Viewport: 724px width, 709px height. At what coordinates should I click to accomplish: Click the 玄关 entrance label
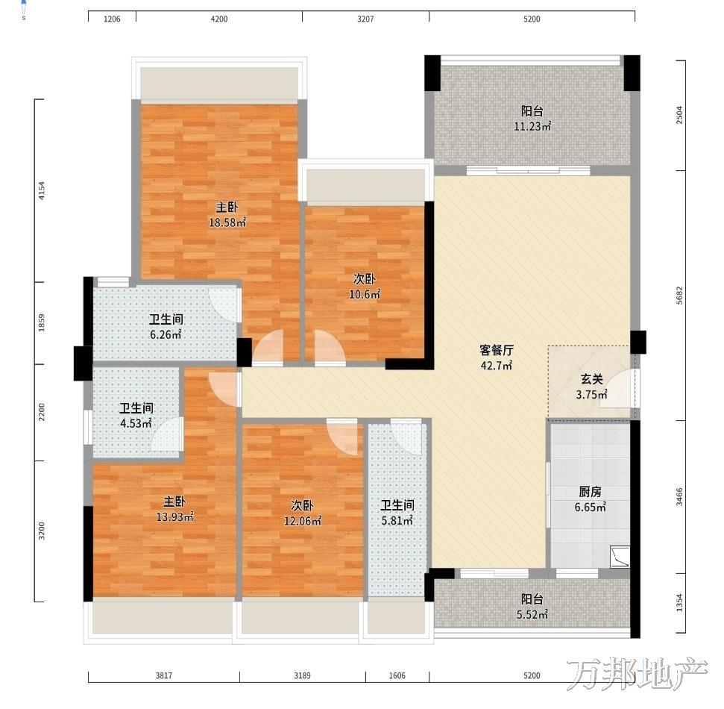tap(591, 379)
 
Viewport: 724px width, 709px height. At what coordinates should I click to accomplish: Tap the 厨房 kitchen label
tap(590, 493)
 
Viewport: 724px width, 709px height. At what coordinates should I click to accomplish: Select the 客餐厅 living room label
tap(497, 350)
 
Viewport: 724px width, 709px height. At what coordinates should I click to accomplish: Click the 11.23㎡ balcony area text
tap(532, 126)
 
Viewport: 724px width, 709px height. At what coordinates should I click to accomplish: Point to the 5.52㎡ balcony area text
tap(532, 615)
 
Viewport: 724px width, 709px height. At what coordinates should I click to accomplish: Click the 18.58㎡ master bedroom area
tap(227, 223)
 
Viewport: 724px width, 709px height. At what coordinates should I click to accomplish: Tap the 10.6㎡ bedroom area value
tap(365, 294)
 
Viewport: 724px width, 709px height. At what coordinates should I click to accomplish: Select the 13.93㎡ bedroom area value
tap(174, 516)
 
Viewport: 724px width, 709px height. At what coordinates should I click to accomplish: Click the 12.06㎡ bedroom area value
tap(303, 521)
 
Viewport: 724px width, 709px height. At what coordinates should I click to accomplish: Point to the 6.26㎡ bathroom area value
tap(166, 334)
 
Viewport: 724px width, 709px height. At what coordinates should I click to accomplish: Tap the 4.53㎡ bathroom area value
tap(136, 423)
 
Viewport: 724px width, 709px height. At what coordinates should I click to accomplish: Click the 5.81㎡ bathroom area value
tap(397, 521)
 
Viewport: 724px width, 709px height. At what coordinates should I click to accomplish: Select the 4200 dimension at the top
tap(219, 19)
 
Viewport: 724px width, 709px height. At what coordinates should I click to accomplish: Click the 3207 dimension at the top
tap(365, 19)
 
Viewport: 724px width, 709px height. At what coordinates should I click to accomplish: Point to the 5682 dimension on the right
tap(679, 296)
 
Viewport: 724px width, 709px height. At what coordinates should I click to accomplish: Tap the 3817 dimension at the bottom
tap(163, 675)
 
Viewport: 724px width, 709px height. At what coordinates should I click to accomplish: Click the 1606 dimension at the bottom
tap(397, 675)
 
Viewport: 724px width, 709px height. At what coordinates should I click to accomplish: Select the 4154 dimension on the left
tap(42, 190)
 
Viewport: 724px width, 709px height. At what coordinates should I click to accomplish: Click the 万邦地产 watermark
tap(638, 674)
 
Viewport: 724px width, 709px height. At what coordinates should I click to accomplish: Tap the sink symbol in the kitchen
tap(620, 557)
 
